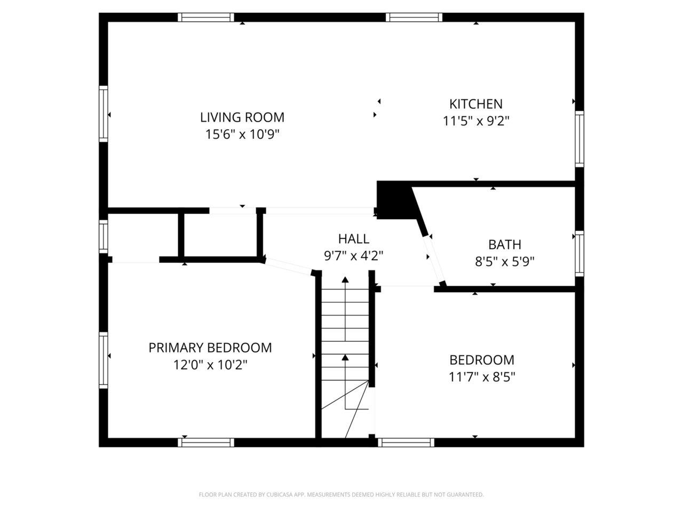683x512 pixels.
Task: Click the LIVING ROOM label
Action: [242, 117]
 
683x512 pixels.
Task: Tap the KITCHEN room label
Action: [476, 103]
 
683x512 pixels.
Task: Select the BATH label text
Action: [505, 244]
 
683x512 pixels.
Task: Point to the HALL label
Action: [353, 238]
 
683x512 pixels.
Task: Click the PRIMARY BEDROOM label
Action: [210, 348]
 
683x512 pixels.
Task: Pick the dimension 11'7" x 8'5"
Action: [482, 377]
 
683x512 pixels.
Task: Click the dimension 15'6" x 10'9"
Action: [242, 134]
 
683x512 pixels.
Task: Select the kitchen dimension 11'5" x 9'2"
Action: [476, 121]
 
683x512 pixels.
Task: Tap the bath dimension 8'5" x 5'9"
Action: [505, 261]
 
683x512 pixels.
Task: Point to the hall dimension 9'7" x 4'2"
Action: [353, 255]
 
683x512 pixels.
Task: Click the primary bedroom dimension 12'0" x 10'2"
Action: [210, 365]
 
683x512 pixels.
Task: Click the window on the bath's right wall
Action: [579, 253]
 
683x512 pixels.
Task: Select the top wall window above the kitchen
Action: [415, 17]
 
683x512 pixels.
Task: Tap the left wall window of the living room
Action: [104, 114]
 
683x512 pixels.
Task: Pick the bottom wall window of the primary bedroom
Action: [206, 442]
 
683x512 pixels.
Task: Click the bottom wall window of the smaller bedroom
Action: [406, 442]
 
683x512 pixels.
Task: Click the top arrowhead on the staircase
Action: [345, 279]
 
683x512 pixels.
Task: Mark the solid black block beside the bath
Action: [395, 200]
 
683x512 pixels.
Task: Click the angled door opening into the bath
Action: [434, 259]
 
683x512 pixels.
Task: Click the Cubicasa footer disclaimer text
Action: [341, 494]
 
